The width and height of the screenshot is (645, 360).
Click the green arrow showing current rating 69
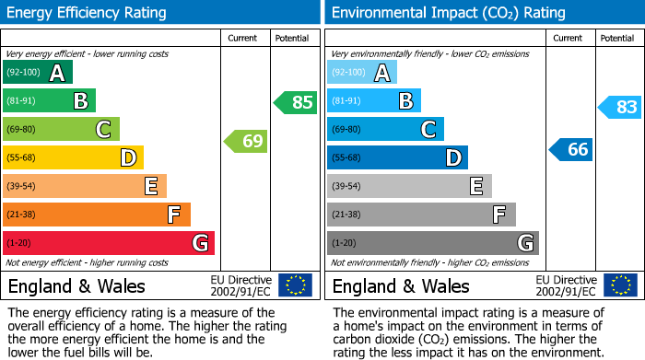[x=246, y=142]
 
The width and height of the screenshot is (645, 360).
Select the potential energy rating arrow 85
[x=296, y=102]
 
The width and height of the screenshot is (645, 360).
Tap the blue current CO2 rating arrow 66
[x=571, y=149]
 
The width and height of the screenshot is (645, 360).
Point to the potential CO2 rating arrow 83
[x=619, y=108]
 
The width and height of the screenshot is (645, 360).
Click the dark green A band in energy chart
[x=38, y=73]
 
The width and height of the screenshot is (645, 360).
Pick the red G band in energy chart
[x=109, y=243]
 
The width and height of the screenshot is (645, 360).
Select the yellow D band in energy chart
[x=73, y=158]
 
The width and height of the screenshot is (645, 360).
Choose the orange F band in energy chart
[x=97, y=215]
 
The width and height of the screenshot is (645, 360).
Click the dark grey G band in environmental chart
[x=432, y=243]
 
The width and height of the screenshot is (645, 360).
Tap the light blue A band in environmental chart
[x=362, y=73]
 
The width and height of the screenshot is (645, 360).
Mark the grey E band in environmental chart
[x=409, y=186]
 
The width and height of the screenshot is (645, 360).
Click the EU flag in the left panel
[x=295, y=285]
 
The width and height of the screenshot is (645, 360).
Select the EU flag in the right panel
[x=620, y=285]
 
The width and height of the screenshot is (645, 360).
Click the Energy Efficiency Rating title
[x=88, y=13]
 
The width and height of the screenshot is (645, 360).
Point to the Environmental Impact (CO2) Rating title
[x=448, y=13]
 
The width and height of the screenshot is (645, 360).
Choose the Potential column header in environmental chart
[x=616, y=38]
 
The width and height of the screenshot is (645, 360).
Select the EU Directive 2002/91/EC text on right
[x=565, y=286]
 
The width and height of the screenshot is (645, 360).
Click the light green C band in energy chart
[x=61, y=130]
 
